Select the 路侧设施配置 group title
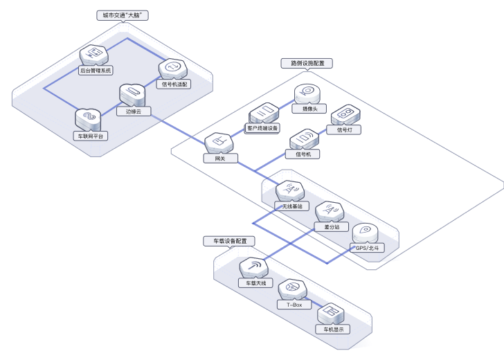click(x=307, y=63)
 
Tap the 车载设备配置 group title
click(x=229, y=241)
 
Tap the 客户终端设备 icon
click(x=263, y=113)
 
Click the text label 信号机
click(x=303, y=154)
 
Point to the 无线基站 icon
click(x=289, y=192)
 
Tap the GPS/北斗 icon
click(x=365, y=234)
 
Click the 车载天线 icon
click(x=253, y=268)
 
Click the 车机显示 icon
click(x=330, y=314)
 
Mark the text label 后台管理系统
click(x=95, y=71)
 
